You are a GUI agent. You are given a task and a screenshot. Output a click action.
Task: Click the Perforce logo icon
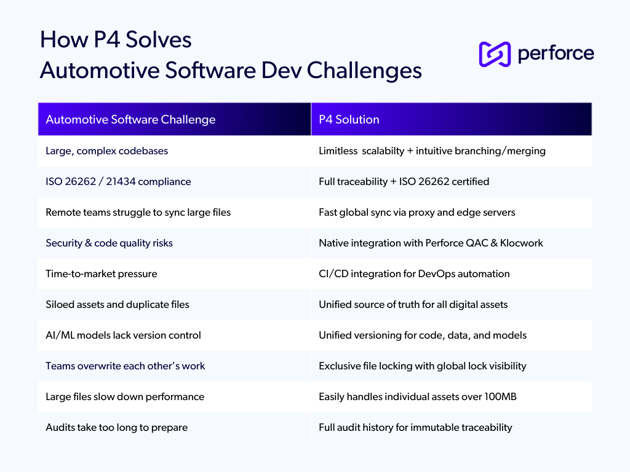495,54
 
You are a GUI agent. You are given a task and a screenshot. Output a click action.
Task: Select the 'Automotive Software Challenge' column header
130,119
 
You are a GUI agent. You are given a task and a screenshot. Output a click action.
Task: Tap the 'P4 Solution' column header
349,119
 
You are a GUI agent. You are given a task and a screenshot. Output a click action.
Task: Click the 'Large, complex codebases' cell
107,151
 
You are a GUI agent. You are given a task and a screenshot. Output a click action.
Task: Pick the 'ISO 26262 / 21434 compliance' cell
118,181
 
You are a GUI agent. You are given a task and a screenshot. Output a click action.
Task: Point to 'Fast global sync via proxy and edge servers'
417,212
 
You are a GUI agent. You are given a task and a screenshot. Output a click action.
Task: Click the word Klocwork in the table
522,243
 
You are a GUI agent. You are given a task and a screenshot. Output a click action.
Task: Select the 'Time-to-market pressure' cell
102,273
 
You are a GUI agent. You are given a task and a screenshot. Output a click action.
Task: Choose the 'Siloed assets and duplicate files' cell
118,304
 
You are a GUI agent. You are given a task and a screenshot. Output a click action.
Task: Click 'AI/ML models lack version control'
123,335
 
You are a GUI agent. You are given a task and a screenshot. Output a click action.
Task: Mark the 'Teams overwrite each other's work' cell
126,366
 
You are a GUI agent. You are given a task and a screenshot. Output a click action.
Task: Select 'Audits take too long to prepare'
116,428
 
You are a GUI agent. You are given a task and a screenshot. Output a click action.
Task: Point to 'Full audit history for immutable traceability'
415,428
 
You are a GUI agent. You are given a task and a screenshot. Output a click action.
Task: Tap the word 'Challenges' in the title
364,71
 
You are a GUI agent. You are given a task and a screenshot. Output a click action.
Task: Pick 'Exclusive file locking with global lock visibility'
423,366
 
